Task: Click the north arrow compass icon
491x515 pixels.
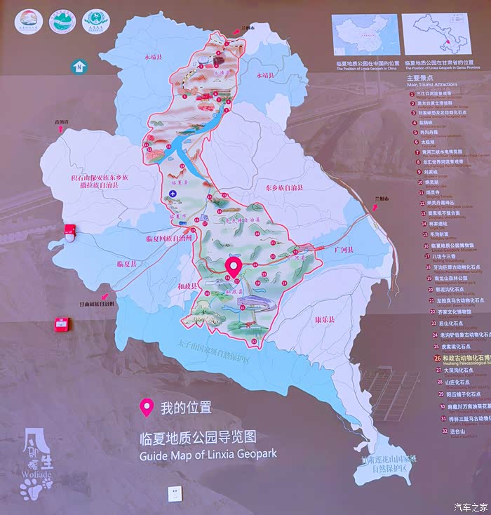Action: [79, 66]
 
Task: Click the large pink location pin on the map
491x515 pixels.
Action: [234, 267]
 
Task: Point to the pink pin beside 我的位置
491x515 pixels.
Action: [147, 407]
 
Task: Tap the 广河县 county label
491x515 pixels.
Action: [344, 249]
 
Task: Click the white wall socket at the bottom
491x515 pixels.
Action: [173, 494]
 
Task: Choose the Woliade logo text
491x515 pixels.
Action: [36, 473]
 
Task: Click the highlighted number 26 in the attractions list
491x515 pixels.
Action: [438, 357]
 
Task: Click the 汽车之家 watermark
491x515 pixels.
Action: [470, 507]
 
